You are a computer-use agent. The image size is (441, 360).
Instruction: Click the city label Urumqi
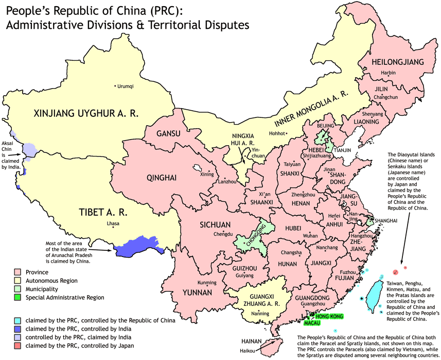click(x=125, y=87)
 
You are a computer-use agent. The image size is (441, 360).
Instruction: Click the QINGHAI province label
click(x=161, y=178)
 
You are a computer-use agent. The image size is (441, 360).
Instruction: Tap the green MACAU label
click(x=312, y=323)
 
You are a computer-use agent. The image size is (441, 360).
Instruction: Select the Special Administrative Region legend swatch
click(x=17, y=297)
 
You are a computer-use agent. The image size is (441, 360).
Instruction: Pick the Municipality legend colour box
click(x=17, y=289)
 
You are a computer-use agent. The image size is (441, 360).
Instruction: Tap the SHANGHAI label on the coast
click(x=386, y=220)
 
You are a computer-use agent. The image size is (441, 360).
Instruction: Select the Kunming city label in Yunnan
click(x=207, y=283)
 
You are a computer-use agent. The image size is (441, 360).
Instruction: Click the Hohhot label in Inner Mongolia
click(x=276, y=133)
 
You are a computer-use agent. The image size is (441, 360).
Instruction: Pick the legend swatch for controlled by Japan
click(x=17, y=346)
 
